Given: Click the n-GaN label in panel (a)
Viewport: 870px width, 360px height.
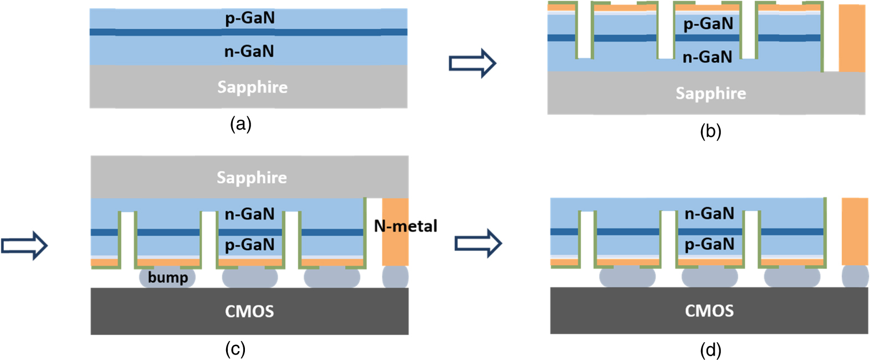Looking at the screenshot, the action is click(x=249, y=52).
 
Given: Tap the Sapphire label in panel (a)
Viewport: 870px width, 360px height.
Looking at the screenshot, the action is click(x=253, y=87).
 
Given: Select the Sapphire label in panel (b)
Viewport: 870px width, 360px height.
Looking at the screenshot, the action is click(x=711, y=93).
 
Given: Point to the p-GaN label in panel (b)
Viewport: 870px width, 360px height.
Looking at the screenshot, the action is click(x=708, y=24).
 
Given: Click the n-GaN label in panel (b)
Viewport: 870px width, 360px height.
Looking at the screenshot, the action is click(x=708, y=57).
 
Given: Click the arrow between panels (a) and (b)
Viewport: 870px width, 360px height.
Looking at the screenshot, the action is click(x=473, y=63).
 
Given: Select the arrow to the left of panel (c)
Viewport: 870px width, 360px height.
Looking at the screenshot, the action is click(x=24, y=245).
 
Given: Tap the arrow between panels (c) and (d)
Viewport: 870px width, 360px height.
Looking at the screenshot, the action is click(x=479, y=243).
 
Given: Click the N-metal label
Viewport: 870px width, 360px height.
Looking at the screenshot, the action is click(x=406, y=226).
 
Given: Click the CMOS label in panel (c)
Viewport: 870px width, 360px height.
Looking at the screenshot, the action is click(x=249, y=311).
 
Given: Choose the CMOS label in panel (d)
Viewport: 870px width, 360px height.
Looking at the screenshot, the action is click(x=709, y=311).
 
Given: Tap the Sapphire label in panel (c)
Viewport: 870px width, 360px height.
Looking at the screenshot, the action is click(x=252, y=177).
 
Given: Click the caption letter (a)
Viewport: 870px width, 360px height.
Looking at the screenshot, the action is click(x=241, y=124).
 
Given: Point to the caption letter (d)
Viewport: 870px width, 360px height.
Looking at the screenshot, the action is click(x=711, y=350).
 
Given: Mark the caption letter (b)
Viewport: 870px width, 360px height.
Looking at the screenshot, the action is click(x=711, y=131).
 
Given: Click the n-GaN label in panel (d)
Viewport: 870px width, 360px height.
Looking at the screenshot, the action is click(x=709, y=214).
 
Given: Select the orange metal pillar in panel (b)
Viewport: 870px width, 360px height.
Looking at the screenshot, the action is click(x=854, y=38).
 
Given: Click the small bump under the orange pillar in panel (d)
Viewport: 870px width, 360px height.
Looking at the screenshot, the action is click(x=855, y=276).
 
